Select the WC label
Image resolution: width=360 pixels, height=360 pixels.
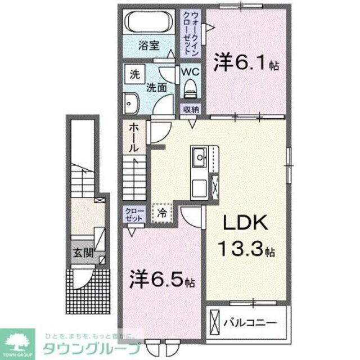pos(190,72)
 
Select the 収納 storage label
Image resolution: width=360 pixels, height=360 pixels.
pos(190,110)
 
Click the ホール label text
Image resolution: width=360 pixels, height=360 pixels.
pos(134,137)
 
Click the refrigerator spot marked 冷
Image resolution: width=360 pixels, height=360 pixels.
pos(161,214)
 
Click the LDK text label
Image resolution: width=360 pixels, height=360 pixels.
pos(245,223)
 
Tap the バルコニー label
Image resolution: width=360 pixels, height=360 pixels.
pos(250,323)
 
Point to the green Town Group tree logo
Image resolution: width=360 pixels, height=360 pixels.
pos(18,340)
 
